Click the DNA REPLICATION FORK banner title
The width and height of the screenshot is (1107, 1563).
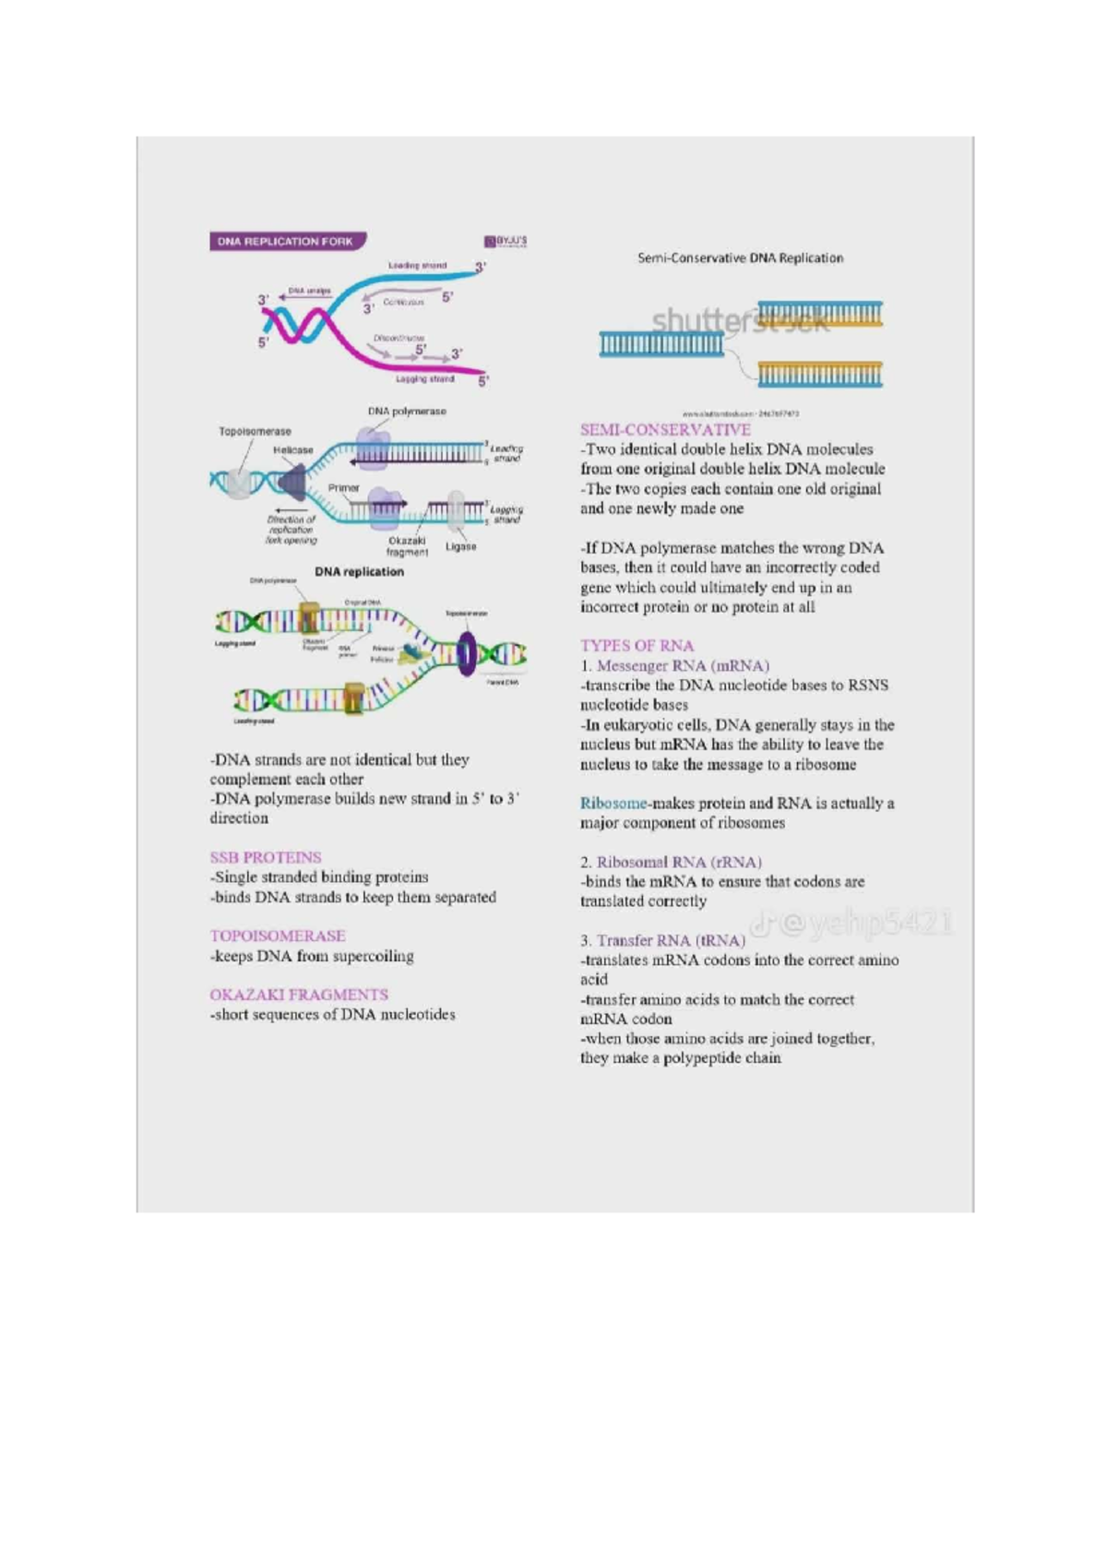pos(285,242)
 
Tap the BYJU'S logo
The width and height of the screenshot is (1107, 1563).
pos(506,242)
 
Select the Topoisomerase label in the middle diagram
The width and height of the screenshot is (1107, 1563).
pos(255,431)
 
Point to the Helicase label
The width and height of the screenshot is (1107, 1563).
pos(292,450)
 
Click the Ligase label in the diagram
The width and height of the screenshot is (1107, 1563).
pos(460,546)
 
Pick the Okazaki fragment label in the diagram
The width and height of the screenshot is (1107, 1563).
pos(407,546)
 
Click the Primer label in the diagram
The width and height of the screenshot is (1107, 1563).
pos(343,487)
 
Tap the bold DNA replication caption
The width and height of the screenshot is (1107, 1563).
pos(359,572)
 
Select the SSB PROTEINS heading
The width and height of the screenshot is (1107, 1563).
pos(266,857)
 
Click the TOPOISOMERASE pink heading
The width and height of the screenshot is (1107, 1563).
pos(278,936)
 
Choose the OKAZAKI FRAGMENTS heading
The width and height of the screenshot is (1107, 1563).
pos(299,995)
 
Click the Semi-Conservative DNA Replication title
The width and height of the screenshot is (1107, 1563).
pos(740,258)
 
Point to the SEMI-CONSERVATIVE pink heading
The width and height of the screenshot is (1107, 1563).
pos(665,430)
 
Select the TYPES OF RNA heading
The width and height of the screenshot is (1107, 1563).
pos(637,646)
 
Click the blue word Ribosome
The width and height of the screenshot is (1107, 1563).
pos(613,804)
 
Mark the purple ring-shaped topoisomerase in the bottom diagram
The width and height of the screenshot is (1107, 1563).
pos(468,653)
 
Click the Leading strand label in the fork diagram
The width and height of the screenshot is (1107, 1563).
pos(417,266)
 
